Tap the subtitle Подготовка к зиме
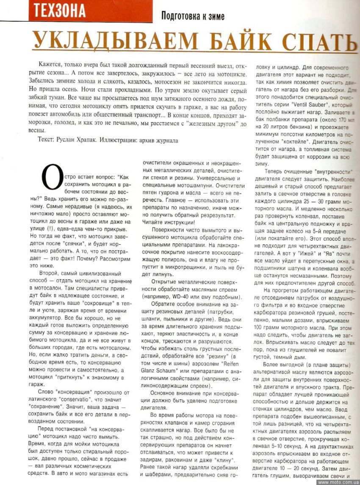click(193, 17)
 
